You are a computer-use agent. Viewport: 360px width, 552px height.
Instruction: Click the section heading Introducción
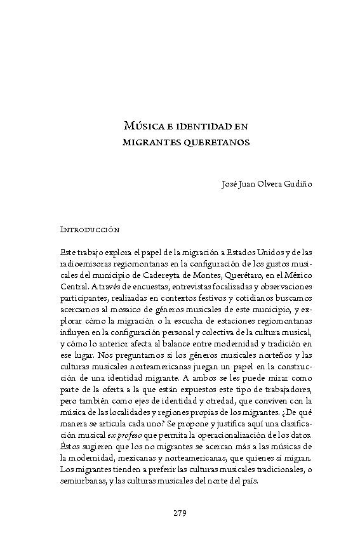90,228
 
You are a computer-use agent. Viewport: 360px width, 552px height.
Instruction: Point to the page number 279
180,513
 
